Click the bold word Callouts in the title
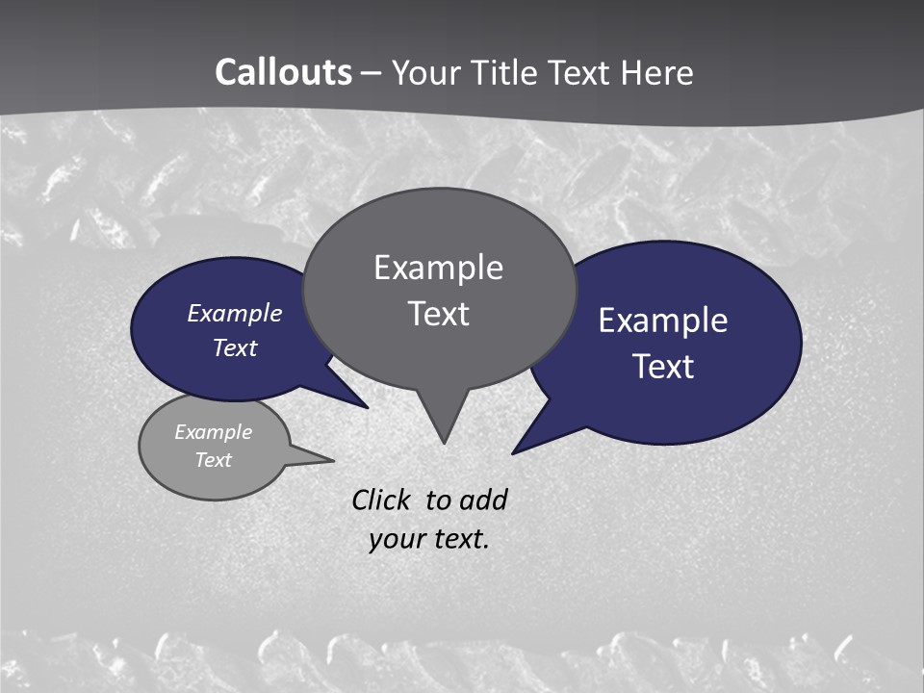pos(283,72)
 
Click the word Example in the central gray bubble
pos(438,268)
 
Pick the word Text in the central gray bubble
pos(438,314)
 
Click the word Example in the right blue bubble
pos(663,321)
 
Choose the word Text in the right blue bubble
pos(663,367)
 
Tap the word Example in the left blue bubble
pos(235,313)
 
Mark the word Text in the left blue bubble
pos(235,347)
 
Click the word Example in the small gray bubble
pos(213,432)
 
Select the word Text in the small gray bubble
pos(213,460)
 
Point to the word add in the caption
pos(483,500)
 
